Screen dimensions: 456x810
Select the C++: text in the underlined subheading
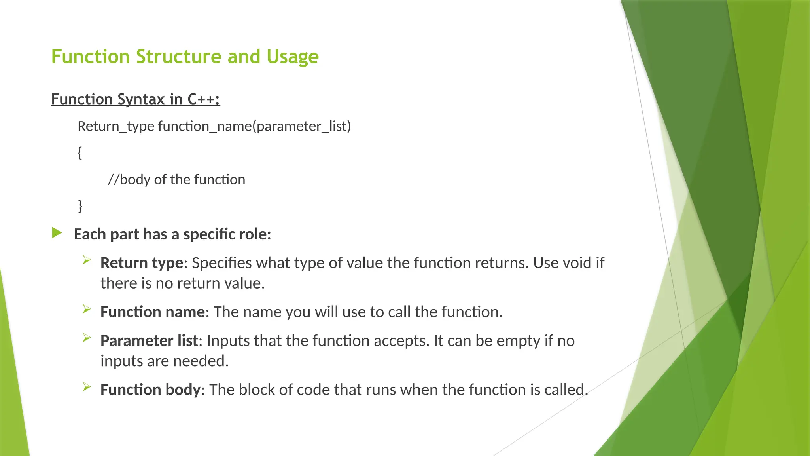pos(203,99)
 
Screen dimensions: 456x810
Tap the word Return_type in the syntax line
pos(115,126)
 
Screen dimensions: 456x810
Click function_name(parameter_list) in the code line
pos(254,126)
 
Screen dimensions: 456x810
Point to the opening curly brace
pos(80,152)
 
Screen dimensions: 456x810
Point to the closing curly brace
pos(80,206)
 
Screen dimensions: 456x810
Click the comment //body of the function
pos(176,180)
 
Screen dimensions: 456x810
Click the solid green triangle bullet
pos(57,233)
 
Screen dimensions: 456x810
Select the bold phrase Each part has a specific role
pos(172,234)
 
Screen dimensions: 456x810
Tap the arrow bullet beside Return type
pos(87,260)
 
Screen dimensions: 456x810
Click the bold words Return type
pos(142,263)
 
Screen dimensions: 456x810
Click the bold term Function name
pos(152,312)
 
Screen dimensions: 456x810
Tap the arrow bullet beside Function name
pos(87,309)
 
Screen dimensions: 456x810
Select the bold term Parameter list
pos(149,341)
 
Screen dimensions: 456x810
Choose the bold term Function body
pos(150,390)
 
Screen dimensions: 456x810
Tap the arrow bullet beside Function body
pos(87,387)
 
